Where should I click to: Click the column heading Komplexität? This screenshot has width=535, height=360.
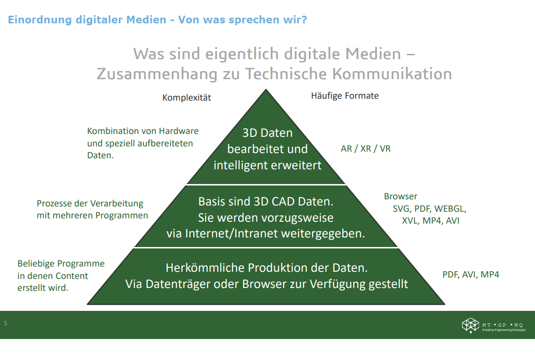tap(187, 97)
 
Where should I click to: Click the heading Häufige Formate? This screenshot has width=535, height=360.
tap(345, 96)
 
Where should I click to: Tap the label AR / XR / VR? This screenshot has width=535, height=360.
tap(366, 149)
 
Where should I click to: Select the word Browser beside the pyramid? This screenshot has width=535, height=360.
tap(400, 196)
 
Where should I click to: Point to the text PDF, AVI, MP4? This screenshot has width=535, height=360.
tap(471, 275)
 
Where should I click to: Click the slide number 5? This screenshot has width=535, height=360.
tap(5, 323)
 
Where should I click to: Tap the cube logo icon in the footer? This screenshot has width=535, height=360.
tap(471, 325)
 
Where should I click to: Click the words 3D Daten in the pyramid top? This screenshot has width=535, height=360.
tap(267, 133)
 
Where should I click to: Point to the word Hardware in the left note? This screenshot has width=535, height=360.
tap(179, 131)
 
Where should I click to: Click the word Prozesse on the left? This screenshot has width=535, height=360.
tap(52, 204)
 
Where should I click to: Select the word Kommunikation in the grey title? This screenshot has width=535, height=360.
tap(392, 73)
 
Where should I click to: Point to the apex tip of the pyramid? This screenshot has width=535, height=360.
tap(266, 89)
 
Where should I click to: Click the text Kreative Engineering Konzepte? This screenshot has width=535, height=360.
tap(504, 330)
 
